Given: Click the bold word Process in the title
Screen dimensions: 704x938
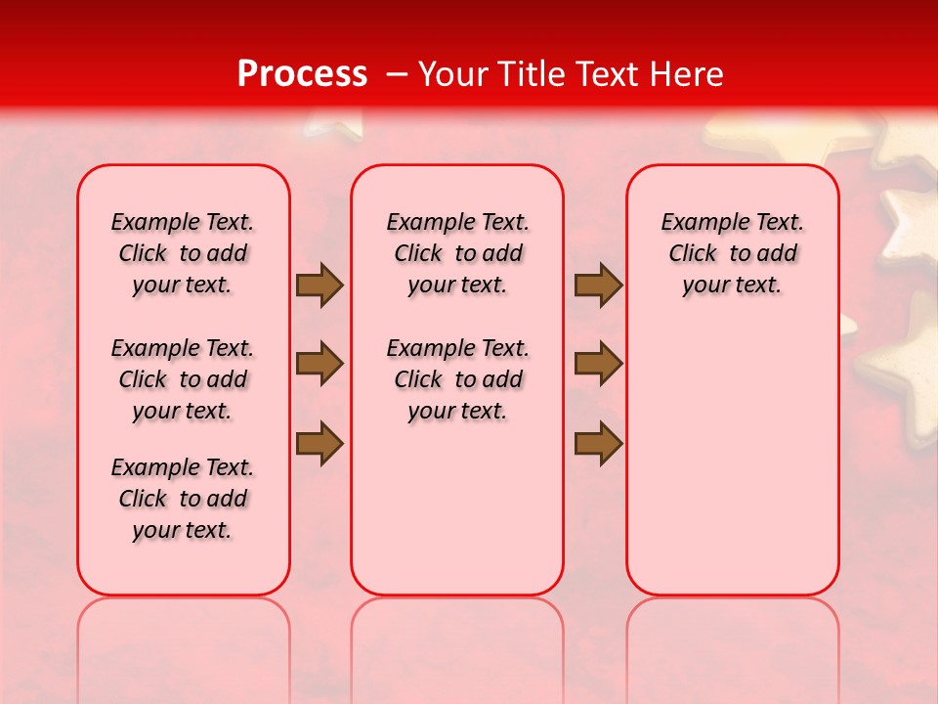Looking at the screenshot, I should point(302,74).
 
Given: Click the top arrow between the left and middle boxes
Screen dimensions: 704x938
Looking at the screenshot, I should point(320,286).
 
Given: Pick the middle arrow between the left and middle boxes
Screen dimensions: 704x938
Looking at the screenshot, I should point(320,365).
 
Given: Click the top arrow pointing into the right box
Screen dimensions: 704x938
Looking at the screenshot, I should point(598,286).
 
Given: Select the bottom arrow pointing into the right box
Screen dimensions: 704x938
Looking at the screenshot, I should point(598,443).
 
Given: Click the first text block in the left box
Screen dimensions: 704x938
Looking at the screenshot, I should point(183,253).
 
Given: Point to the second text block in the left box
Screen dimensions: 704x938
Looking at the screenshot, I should point(183,379).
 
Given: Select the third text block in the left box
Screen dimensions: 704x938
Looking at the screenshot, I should point(183,499).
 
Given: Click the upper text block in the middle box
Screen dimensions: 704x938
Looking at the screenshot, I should point(457,253).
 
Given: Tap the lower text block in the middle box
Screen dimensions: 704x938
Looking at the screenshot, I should point(457,379).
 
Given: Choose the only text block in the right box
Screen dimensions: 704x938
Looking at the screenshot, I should point(732,253).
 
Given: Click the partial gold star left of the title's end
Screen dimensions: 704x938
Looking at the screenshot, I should point(332,121).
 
